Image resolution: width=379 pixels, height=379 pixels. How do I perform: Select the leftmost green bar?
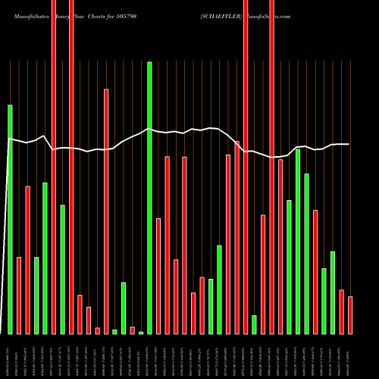(10, 219)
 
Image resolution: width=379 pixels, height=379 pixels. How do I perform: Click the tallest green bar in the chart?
(149, 197)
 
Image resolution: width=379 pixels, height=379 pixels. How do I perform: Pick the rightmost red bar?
(350, 315)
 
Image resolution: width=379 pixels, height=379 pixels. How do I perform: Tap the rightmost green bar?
(333, 292)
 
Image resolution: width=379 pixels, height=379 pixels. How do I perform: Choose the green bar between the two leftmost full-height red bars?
(63, 269)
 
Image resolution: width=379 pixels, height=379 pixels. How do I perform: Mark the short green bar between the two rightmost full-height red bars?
(254, 324)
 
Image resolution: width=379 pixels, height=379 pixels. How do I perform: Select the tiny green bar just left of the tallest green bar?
(141, 332)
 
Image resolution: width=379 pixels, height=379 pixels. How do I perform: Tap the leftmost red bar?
(19, 295)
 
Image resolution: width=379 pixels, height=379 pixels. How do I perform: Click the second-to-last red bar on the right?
(342, 312)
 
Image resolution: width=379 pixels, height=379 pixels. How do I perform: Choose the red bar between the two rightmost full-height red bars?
(263, 274)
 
